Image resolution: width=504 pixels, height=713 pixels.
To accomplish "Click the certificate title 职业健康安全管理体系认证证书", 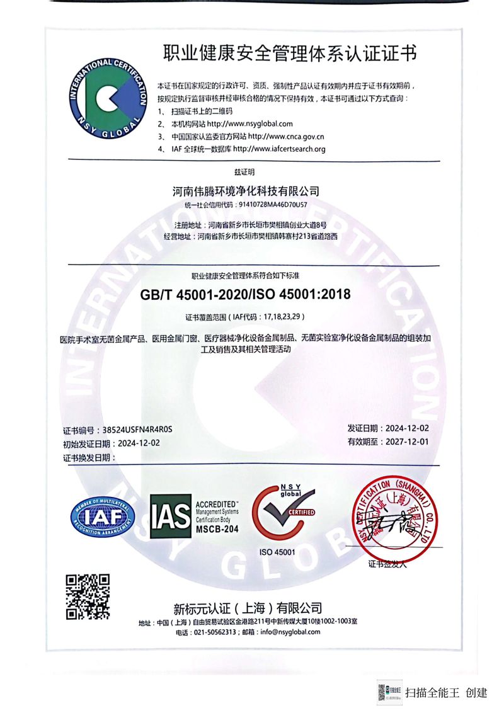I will pos(290,52).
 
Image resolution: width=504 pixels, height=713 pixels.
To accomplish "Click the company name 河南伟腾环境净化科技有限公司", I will pos(246,190).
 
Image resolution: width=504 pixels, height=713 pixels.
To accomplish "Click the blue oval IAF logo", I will pos(103,516).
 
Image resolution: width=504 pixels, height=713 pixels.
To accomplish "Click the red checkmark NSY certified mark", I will pos(283,513).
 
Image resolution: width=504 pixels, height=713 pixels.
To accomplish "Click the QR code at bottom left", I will pos(88,596).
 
